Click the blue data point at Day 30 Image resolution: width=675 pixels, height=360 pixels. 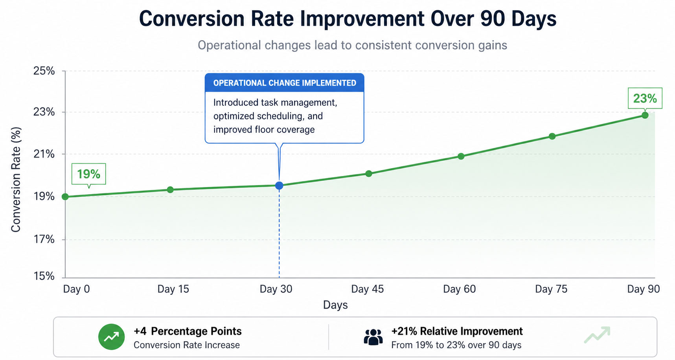tap(279, 186)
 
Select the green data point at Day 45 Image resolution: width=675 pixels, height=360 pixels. tap(368, 174)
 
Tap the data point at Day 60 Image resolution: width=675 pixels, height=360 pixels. tap(461, 156)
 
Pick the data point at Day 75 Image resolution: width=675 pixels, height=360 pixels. tap(552, 136)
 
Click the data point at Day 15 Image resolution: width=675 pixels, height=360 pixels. tap(170, 190)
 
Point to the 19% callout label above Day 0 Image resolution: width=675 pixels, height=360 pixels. tap(88, 174)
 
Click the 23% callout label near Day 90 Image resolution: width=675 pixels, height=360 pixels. tap(645, 98)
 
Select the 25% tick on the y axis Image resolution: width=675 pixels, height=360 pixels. tap(44, 71)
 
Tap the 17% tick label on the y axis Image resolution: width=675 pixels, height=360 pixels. tap(44, 239)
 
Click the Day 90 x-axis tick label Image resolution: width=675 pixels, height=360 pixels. tap(643, 289)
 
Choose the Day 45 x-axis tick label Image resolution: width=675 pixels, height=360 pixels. tap(367, 289)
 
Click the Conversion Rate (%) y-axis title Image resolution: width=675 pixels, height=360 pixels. tap(16, 180)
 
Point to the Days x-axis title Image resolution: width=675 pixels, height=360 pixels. tap(335, 305)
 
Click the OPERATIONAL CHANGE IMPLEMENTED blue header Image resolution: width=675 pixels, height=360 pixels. tap(284, 83)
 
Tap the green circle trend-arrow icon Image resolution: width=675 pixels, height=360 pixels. tap(112, 337)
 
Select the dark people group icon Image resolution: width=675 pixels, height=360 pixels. tap(373, 337)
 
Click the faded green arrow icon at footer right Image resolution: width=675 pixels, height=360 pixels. tap(597, 335)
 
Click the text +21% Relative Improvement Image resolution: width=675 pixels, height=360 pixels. tap(457, 331)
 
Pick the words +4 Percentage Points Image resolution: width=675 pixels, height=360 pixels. tap(188, 331)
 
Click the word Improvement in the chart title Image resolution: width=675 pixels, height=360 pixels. tap(362, 19)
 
